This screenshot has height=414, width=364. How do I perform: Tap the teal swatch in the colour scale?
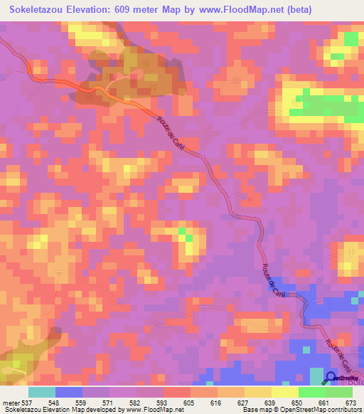coord(42,391)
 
